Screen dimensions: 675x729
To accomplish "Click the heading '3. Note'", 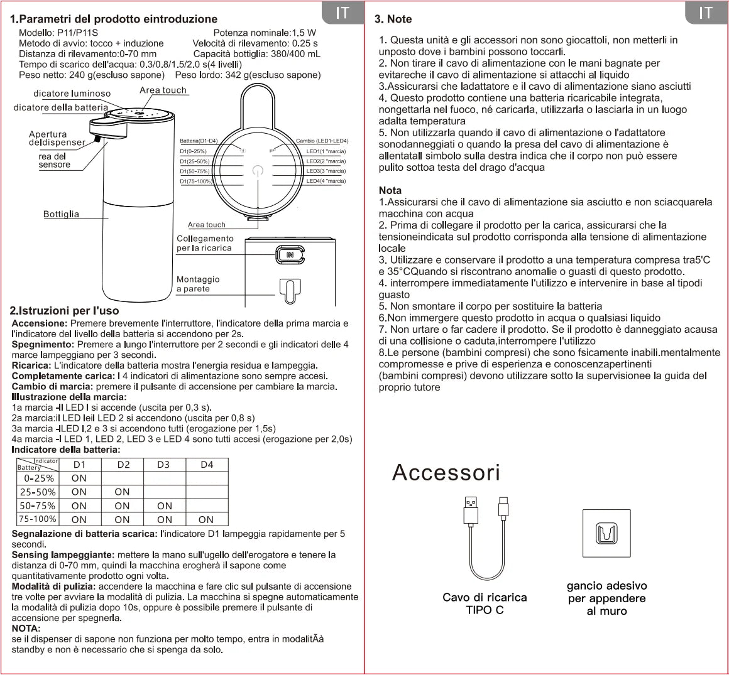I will pos(393,19).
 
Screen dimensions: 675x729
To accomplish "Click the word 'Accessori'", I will pos(446,472).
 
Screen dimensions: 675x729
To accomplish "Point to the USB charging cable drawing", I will pos(485,540).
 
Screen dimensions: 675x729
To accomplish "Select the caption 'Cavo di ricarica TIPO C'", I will pos(485,603).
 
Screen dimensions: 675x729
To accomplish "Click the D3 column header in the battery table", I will pos(163,465).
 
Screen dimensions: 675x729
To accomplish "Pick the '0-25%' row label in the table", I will pos(37,478).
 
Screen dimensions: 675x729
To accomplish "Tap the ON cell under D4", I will pos(206,519).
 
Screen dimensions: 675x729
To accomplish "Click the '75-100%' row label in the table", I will pos(37,519).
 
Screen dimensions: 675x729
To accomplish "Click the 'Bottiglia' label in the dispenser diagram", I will pos(61,214).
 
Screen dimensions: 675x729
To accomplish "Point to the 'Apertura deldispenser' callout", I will pos(57,138).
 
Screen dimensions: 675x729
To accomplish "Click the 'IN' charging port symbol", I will pos(290,255).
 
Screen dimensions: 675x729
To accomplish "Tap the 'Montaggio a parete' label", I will pos(198,284).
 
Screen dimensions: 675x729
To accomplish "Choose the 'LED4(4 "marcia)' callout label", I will pos(326,181).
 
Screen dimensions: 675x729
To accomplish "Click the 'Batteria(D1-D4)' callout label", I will pos(199,141).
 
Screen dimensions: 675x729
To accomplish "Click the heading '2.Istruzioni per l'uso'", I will pos(64,311).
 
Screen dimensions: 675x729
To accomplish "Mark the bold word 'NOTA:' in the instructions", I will pos(26,628).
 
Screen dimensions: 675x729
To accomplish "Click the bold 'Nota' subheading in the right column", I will pos(390,190).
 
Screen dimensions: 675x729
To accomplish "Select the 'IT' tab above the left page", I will pos(343,13).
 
